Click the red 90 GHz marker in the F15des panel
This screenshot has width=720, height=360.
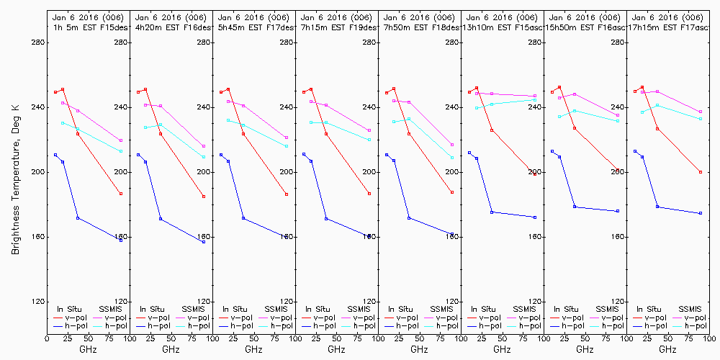point(121,194)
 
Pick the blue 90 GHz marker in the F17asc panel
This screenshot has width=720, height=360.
point(701,213)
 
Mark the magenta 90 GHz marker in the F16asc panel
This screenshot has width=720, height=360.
point(618,115)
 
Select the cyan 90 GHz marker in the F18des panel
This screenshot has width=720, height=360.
point(452,158)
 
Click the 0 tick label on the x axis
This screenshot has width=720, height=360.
point(47,337)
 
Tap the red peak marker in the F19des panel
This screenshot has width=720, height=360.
point(311,89)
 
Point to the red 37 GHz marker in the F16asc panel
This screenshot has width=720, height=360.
point(575,128)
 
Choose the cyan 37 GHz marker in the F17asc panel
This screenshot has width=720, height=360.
point(657,105)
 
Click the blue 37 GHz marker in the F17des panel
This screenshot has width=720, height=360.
point(243,218)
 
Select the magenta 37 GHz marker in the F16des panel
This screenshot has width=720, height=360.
point(161,106)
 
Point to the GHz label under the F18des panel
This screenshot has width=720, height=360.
point(419,349)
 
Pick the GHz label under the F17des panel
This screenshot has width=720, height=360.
point(253,349)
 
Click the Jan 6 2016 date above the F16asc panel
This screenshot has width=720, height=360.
point(585,17)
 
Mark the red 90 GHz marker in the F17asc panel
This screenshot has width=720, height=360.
point(701,172)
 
